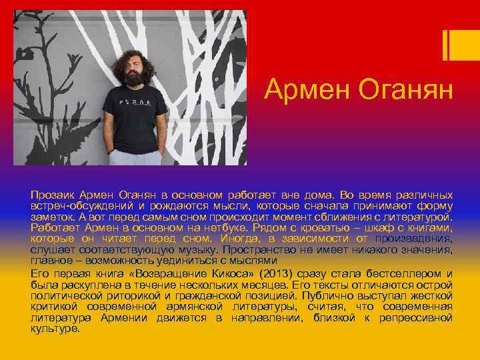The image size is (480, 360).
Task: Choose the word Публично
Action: coord(323,295)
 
